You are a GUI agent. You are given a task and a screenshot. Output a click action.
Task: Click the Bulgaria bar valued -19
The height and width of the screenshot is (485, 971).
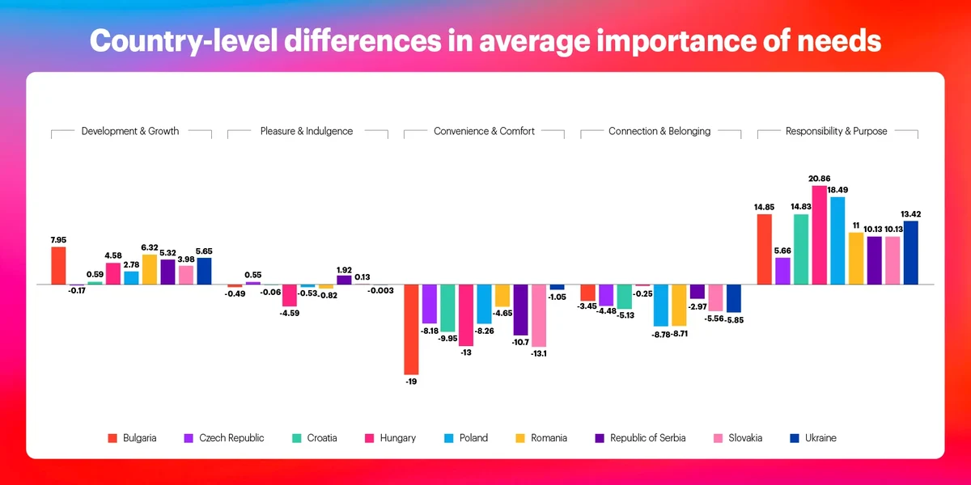coord(411,329)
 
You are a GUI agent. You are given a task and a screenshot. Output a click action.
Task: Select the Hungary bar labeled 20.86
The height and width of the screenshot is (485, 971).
coord(819,235)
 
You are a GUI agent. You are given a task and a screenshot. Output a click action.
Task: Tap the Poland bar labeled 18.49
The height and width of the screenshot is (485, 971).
coord(837,240)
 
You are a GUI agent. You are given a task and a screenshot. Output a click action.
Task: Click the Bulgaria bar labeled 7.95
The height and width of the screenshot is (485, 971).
coord(58,265)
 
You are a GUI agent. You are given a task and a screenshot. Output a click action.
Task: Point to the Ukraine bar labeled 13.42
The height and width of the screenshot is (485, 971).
coord(910,252)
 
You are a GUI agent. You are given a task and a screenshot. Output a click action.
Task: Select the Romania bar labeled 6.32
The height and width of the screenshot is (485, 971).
coord(149,269)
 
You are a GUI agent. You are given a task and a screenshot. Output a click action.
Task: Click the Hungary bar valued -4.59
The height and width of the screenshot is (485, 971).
coord(289,295)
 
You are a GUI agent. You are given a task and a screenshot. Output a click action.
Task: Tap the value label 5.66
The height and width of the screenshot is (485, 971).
coord(782,250)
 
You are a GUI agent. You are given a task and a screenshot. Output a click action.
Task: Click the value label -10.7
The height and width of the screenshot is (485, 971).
coord(520,343)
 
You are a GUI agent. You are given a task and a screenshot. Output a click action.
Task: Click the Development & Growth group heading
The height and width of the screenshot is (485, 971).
coord(130,131)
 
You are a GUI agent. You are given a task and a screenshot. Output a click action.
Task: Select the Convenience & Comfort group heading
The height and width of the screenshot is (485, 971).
coord(484,131)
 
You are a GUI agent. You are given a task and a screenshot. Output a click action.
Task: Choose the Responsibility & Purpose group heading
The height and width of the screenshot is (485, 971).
coord(837,131)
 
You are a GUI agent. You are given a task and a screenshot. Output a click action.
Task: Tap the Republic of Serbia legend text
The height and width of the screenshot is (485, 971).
coord(647,438)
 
